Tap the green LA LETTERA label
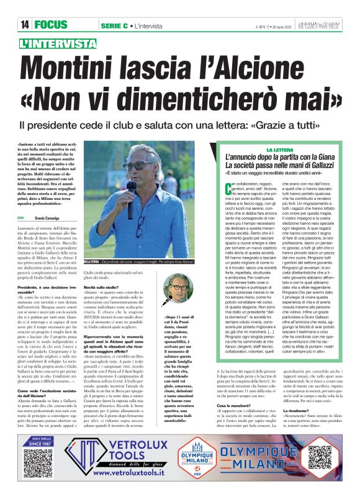(x=279, y=150)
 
